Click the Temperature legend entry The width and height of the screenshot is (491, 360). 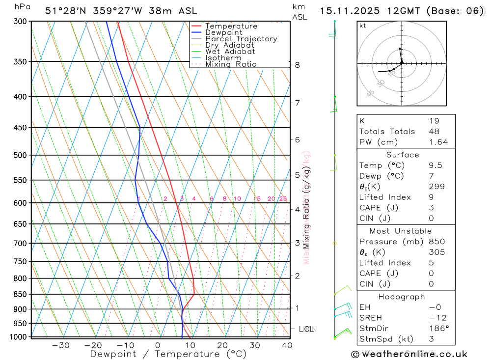[x=231, y=26]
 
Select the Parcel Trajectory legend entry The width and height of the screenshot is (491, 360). [x=241, y=39]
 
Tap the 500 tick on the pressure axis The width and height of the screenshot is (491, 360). [x=21, y=155]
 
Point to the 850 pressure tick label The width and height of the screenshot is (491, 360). [x=21, y=294]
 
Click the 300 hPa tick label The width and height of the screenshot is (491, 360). [x=21, y=22]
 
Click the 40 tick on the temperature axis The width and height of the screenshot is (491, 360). [x=287, y=345]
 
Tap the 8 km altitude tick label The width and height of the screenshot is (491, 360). [x=298, y=65]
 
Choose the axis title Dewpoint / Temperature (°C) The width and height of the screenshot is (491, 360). [x=168, y=354]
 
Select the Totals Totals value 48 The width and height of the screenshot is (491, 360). [x=434, y=131]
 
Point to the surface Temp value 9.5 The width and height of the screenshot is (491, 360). [x=434, y=166]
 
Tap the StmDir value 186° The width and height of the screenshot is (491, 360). [x=436, y=328]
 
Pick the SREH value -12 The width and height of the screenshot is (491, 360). [x=435, y=317]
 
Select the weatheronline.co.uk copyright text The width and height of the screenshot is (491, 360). [x=409, y=354]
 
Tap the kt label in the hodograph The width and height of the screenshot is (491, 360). [x=363, y=26]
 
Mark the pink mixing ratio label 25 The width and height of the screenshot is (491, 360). [x=283, y=199]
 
